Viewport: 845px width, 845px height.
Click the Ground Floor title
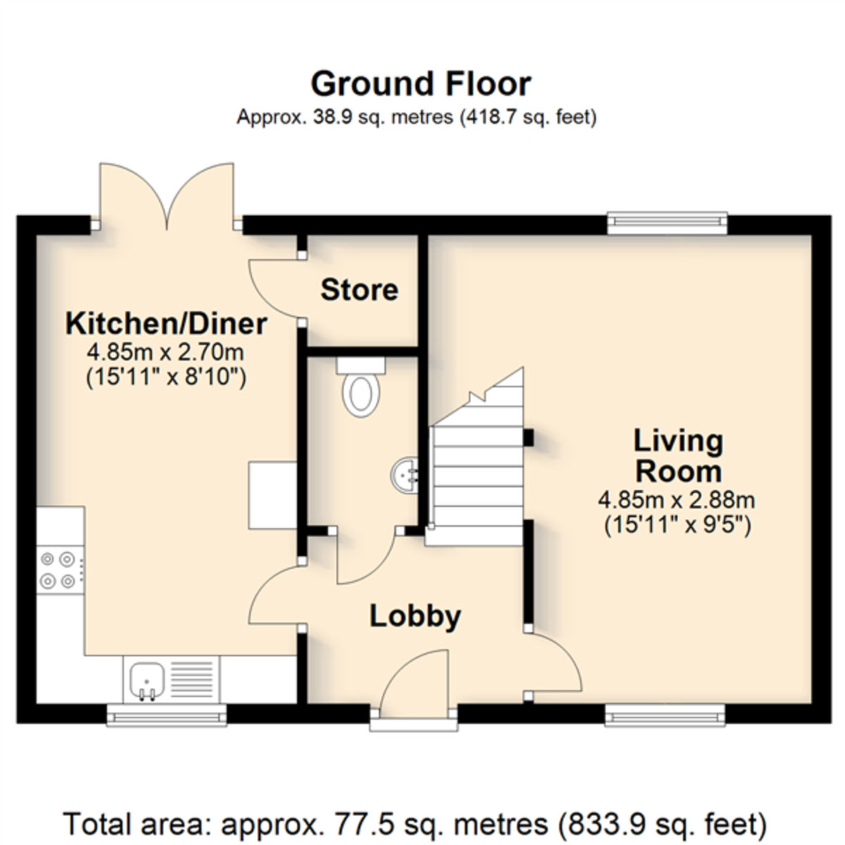coord(421,84)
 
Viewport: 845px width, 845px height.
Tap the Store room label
coord(360,290)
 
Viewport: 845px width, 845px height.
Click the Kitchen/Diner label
coord(166,324)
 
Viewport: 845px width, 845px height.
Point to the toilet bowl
coord(361,393)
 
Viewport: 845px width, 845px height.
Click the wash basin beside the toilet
coord(404,475)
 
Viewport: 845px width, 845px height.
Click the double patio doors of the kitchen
coord(167,196)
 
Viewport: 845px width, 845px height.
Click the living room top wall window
coord(668,223)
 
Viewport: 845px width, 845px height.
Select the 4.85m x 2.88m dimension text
coord(677,501)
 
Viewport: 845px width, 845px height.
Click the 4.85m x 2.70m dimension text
coord(165,352)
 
